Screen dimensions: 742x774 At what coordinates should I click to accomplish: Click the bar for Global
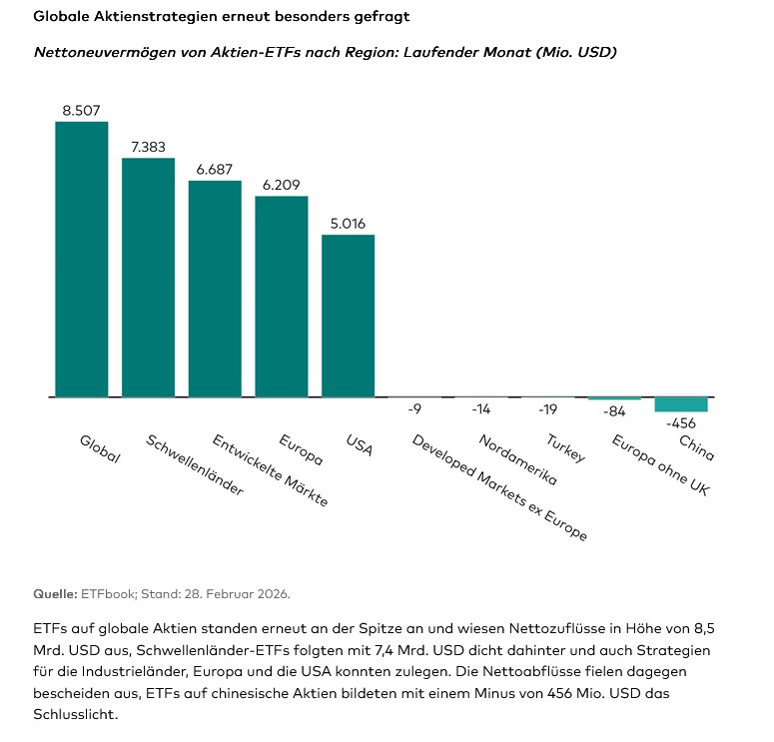coord(81,260)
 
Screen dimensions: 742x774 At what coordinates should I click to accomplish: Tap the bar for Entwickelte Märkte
coord(215,289)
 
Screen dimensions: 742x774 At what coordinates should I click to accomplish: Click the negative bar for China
coord(680,404)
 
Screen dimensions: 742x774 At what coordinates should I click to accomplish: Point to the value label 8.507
coord(81,111)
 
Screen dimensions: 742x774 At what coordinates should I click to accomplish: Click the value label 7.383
coord(148,147)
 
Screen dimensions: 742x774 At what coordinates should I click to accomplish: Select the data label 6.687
coord(215,170)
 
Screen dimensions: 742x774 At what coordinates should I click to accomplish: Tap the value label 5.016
coord(348,224)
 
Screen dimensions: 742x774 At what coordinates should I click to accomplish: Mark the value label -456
coord(680,422)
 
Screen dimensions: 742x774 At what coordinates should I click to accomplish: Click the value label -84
coord(614,410)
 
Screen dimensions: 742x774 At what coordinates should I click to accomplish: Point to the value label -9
coord(413,408)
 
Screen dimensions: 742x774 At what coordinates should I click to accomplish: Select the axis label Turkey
coord(565,448)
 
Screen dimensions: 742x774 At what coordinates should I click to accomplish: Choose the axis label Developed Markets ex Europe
coord(499,487)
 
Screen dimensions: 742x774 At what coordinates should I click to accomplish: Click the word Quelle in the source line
coord(55,593)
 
